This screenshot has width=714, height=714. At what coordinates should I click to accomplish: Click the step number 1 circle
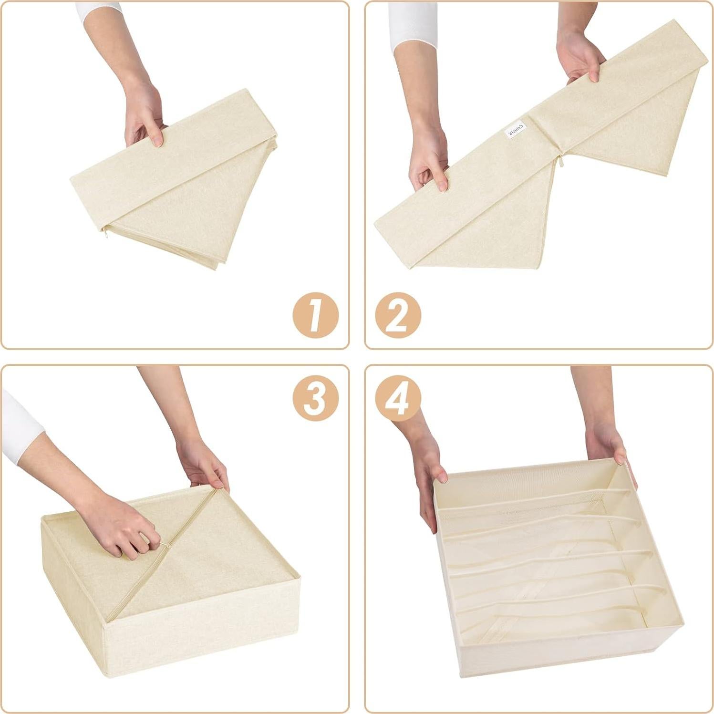[x=315, y=315]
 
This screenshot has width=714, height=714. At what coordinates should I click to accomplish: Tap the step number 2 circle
[x=398, y=315]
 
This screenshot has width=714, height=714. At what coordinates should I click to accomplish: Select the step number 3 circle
[x=315, y=397]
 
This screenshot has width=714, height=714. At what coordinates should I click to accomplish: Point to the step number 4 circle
[x=398, y=397]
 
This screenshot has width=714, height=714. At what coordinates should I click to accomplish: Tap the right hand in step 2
[x=579, y=57]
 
